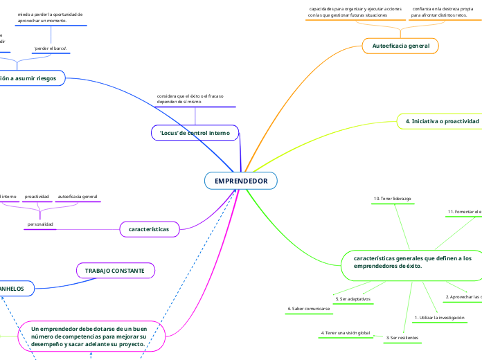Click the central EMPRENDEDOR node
click(240, 181)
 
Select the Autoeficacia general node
click(400, 46)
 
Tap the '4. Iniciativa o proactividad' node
click(441, 121)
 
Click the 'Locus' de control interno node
click(195, 132)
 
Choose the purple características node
click(150, 228)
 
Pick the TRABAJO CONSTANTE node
click(114, 271)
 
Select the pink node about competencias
click(92, 336)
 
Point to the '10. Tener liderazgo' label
click(393, 199)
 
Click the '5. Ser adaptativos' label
click(353, 299)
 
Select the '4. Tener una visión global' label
click(346, 333)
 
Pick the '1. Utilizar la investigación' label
click(438, 318)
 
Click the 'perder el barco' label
click(50, 48)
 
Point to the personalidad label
click(40, 224)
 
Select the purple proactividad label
click(37, 197)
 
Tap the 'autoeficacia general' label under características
click(78, 197)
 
